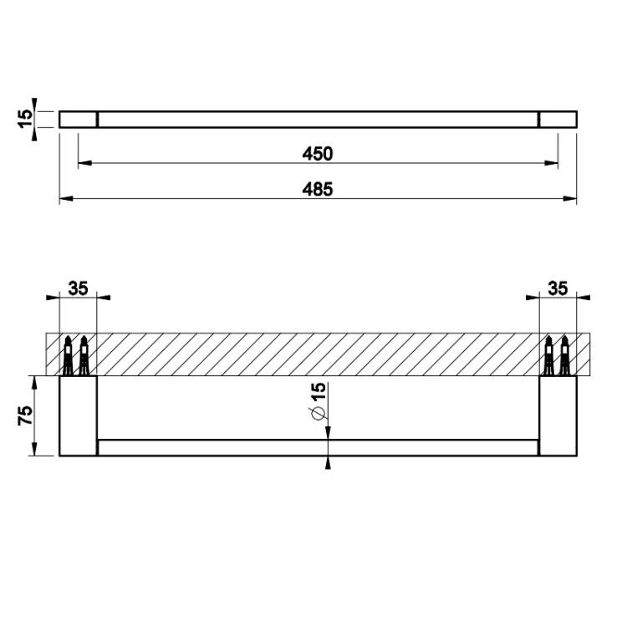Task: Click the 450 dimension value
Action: click(x=317, y=154)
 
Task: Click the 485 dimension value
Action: click(x=317, y=189)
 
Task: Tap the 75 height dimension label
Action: click(x=25, y=415)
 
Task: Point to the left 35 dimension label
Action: click(x=78, y=288)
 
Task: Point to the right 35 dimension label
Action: click(x=558, y=288)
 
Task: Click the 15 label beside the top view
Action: click(x=25, y=119)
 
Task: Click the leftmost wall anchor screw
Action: click(x=69, y=355)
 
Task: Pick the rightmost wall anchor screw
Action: click(x=564, y=355)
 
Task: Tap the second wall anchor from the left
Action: click(x=84, y=355)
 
